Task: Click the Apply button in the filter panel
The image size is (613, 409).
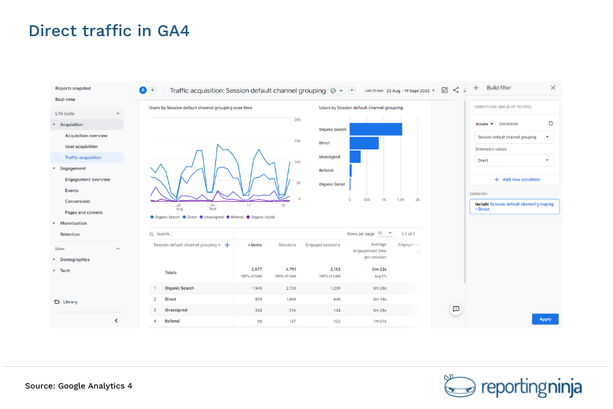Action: click(545, 319)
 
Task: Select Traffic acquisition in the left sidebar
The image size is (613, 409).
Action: click(83, 157)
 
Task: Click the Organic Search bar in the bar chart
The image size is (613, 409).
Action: click(375, 130)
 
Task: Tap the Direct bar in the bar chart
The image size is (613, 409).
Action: click(364, 143)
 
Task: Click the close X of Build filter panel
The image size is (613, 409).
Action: click(552, 88)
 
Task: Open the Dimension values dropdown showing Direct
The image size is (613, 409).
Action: click(514, 161)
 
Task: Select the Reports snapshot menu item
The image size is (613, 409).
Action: click(73, 88)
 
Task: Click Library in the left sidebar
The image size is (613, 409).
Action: click(69, 302)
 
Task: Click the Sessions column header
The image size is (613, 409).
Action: click(287, 245)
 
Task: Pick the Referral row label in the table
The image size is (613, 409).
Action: click(173, 321)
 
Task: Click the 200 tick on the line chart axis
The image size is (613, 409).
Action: click(297, 120)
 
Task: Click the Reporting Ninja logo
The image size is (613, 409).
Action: click(512, 387)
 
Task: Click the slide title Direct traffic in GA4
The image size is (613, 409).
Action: click(108, 31)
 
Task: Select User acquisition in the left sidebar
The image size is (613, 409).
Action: click(81, 147)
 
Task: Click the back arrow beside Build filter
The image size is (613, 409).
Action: click(476, 88)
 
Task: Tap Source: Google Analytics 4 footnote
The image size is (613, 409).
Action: click(78, 386)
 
